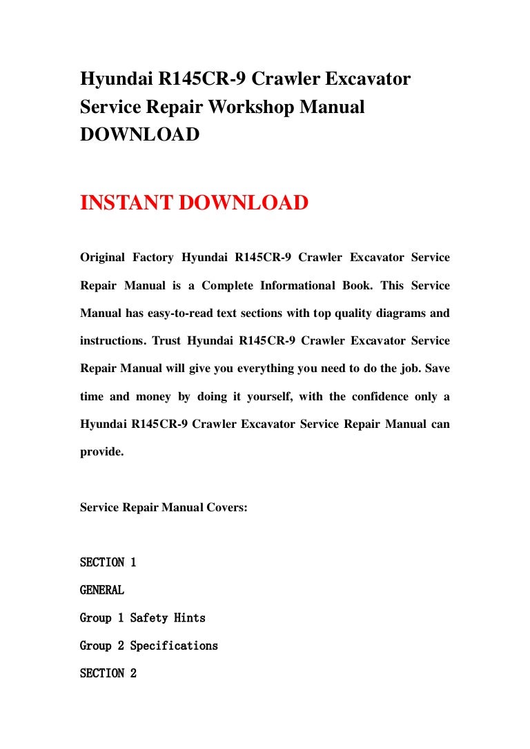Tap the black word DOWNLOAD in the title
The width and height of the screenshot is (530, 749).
[x=139, y=135]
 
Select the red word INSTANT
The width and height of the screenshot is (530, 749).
[x=127, y=203]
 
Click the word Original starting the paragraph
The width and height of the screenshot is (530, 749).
[x=102, y=258]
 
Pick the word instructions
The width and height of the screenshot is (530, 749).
[x=110, y=341]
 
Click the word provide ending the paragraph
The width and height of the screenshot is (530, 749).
[x=101, y=453]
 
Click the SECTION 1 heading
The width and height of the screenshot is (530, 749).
[x=108, y=563]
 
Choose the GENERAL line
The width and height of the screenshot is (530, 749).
[x=102, y=591]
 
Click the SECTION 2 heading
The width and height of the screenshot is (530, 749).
[x=108, y=673]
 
